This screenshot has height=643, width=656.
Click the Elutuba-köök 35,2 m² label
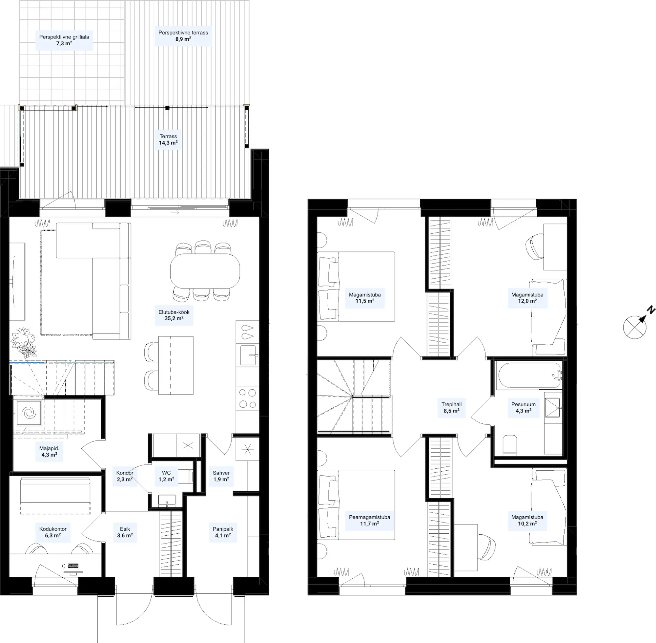[174, 315]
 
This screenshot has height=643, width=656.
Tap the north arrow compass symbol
[636, 325]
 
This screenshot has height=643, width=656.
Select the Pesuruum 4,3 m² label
[523, 407]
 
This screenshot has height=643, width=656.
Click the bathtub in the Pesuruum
[530, 375]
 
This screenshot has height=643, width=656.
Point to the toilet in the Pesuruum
[509, 445]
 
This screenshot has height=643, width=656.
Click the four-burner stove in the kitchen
[247, 398]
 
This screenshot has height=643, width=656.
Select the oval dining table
[205, 271]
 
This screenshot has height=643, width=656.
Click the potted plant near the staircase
[23, 342]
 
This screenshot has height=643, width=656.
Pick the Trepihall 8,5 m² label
[452, 407]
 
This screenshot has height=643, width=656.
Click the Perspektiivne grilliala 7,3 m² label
[64, 40]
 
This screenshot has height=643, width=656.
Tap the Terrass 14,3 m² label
[168, 139]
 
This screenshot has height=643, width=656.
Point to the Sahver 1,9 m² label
[221, 476]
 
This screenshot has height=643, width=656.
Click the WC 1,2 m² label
[166, 476]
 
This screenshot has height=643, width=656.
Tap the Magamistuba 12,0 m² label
[527, 297]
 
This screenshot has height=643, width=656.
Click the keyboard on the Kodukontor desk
[73, 566]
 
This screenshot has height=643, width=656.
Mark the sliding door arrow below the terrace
[175, 212]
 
